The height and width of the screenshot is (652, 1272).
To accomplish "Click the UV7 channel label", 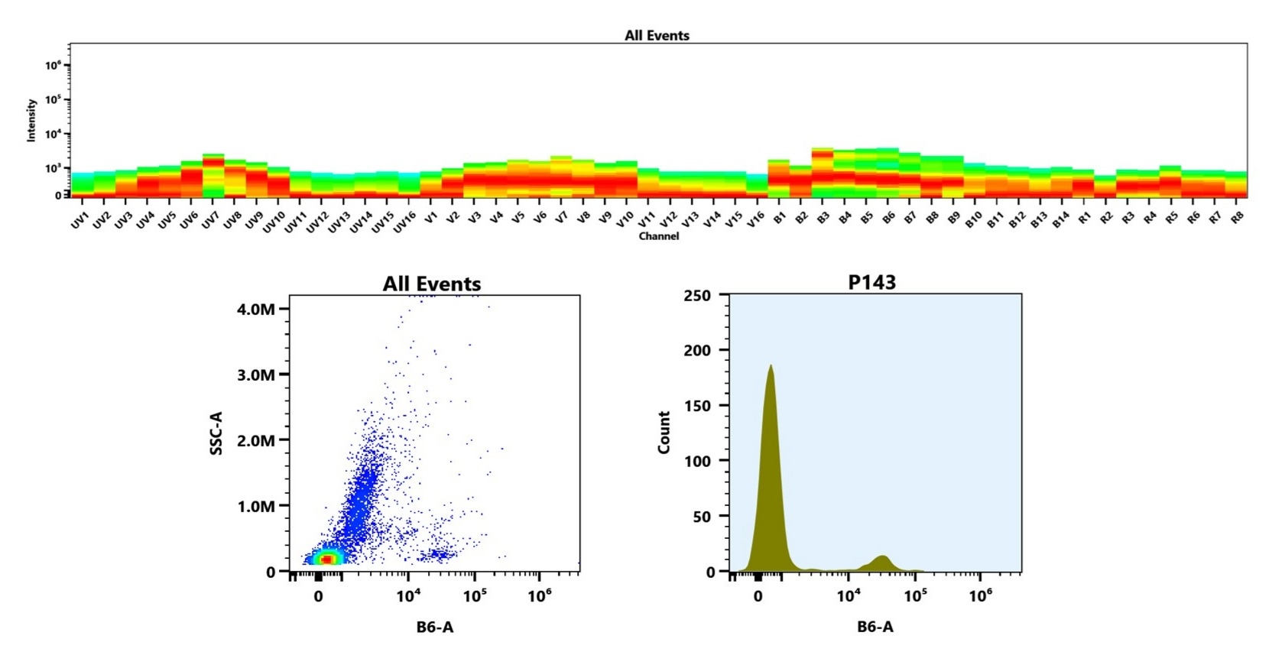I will pyautogui.click(x=209, y=221).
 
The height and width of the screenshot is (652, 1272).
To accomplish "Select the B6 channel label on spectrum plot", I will pyautogui.click(x=888, y=218).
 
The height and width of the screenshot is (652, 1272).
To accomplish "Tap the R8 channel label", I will pyautogui.click(x=1238, y=218).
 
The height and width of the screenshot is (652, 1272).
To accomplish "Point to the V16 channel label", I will pyautogui.click(x=755, y=220).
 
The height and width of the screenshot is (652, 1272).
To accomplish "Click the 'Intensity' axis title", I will pyautogui.click(x=31, y=120).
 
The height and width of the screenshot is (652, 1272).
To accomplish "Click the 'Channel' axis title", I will pyautogui.click(x=658, y=236).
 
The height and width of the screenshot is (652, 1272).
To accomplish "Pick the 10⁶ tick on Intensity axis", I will pyautogui.click(x=53, y=66).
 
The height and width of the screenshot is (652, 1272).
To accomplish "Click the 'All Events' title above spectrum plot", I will pyautogui.click(x=657, y=35).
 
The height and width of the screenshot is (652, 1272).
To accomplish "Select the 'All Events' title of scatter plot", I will pyautogui.click(x=432, y=284).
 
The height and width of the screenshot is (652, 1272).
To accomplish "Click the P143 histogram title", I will pyautogui.click(x=871, y=282).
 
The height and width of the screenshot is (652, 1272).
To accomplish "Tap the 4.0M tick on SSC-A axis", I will pyautogui.click(x=256, y=309).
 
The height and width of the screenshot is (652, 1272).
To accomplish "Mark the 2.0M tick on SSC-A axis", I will pyautogui.click(x=256, y=440).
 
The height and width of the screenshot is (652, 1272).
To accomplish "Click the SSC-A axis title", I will pyautogui.click(x=216, y=433).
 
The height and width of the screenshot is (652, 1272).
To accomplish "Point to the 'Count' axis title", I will pyautogui.click(x=664, y=433).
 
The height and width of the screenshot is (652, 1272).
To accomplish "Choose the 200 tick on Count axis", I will pyautogui.click(x=696, y=350).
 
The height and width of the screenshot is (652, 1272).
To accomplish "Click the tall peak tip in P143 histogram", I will pyautogui.click(x=771, y=367).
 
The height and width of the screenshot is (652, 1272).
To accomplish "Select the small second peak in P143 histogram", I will pyautogui.click(x=882, y=557).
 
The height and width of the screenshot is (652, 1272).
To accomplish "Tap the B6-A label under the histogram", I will pyautogui.click(x=874, y=627).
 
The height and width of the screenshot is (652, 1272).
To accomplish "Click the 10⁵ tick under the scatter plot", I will pyautogui.click(x=474, y=595).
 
